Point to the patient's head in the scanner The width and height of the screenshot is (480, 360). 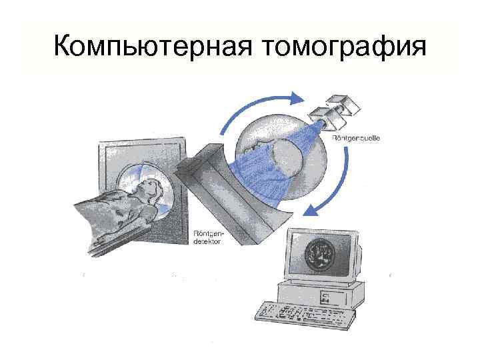coord(151,187)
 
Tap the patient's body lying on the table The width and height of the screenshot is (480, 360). coord(113,213)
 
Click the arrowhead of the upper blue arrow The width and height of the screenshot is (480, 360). coord(297,98)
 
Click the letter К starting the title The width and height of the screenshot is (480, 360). coord(61,47)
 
